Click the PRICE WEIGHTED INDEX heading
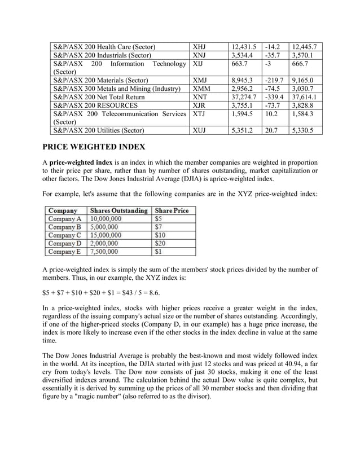pos(94,147)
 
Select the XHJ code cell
pos(200,47)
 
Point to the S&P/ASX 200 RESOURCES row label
pos(95,105)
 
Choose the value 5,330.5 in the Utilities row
pos(304,130)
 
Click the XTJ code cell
pos(199,113)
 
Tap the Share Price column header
pos(171,210)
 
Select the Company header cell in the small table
pos(63,210)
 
